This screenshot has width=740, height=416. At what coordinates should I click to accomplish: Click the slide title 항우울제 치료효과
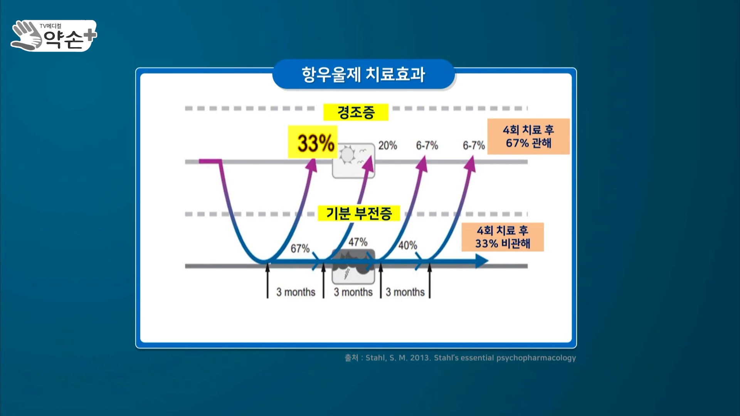pyautogui.click(x=363, y=74)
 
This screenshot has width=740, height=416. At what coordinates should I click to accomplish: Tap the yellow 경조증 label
pyautogui.click(x=356, y=112)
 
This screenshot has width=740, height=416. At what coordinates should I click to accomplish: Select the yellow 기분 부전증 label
pyautogui.click(x=359, y=213)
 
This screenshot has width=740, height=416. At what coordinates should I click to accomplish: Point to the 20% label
pyautogui.click(x=388, y=146)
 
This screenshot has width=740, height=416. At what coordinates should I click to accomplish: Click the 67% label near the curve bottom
pyautogui.click(x=300, y=248)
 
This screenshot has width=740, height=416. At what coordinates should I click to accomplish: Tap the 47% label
pyautogui.click(x=358, y=242)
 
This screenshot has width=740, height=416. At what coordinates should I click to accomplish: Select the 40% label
pyautogui.click(x=408, y=245)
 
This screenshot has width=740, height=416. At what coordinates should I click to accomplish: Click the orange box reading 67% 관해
pyautogui.click(x=528, y=136)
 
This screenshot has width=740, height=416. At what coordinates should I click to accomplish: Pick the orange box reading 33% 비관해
pyautogui.click(x=503, y=237)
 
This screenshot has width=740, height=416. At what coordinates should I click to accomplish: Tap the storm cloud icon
pyautogui.click(x=353, y=267)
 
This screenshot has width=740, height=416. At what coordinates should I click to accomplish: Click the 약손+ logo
pyautogui.click(x=54, y=36)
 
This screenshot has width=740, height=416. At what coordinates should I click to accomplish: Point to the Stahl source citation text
pyautogui.click(x=460, y=358)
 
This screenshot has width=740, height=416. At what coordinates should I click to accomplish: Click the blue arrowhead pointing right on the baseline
pyautogui.click(x=482, y=261)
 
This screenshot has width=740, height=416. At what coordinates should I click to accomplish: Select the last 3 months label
pyautogui.click(x=405, y=292)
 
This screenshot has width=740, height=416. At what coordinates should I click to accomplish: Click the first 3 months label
pyautogui.click(x=296, y=292)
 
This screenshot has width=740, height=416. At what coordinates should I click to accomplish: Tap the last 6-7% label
pyautogui.click(x=474, y=146)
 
